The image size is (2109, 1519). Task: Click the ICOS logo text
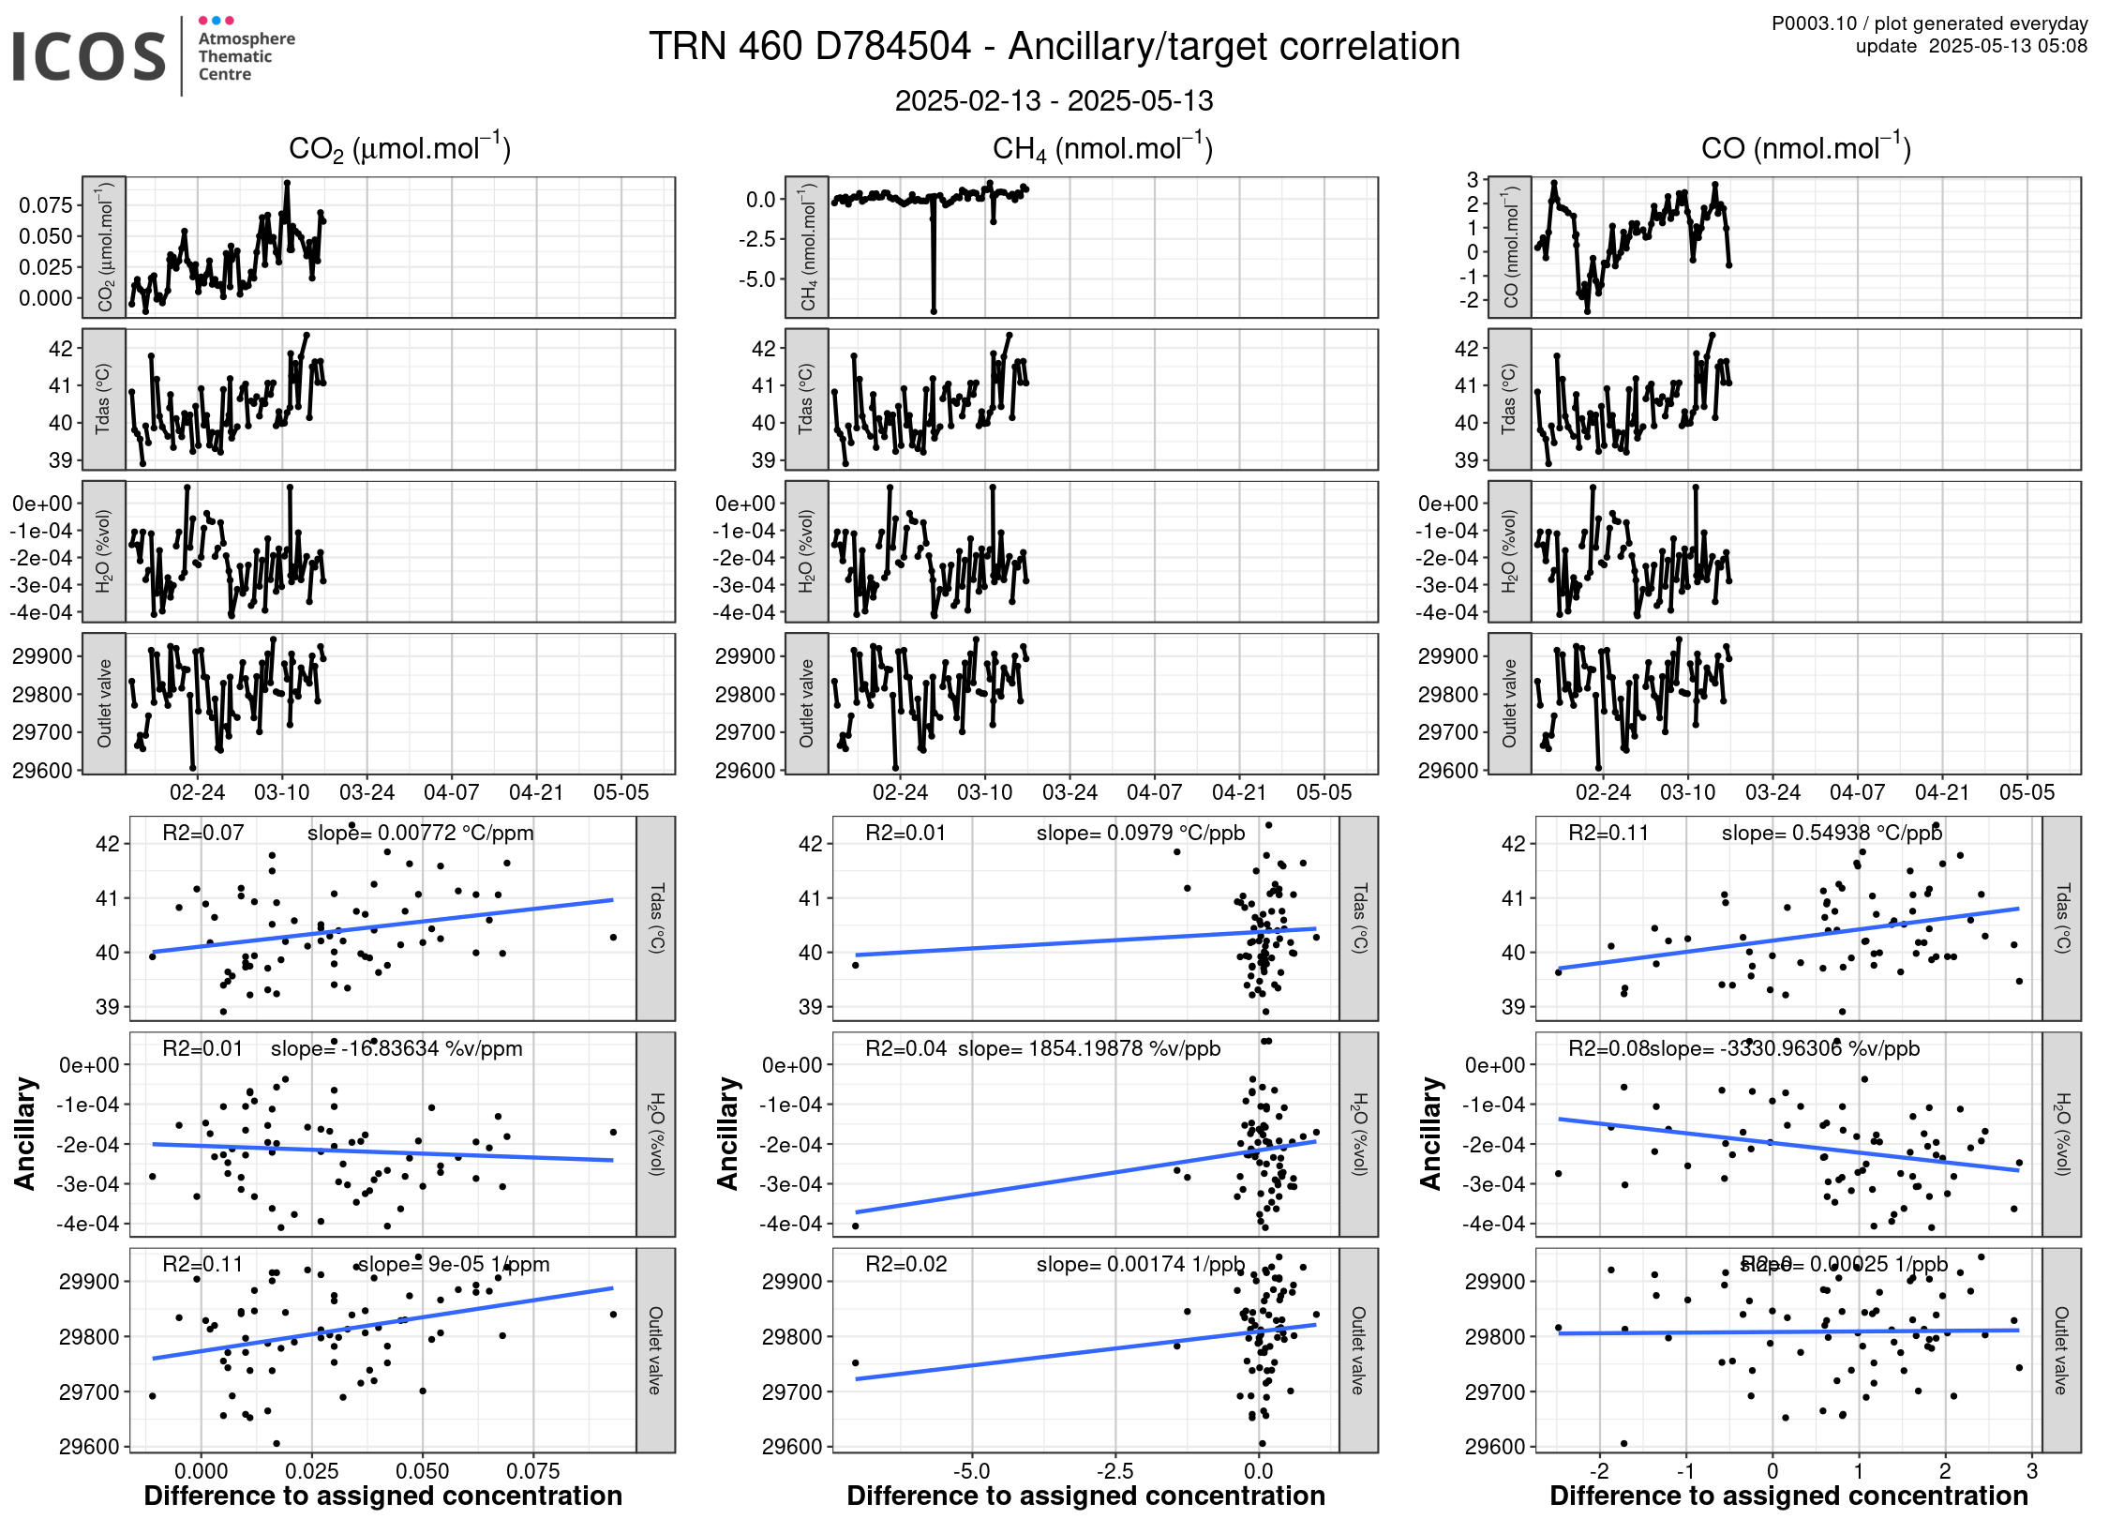[x=89, y=56]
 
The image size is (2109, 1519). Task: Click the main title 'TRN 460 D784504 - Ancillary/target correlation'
[x=1054, y=47]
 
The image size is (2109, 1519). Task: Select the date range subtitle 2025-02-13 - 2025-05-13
[x=1054, y=101]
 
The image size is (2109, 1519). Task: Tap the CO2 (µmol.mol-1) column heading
[x=399, y=149]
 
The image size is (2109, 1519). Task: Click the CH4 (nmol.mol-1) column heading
[x=1102, y=149]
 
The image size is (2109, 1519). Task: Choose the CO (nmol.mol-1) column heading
[x=1805, y=149]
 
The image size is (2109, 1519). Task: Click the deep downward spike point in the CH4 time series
[x=934, y=310]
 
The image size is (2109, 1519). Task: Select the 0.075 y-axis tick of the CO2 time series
[x=45, y=205]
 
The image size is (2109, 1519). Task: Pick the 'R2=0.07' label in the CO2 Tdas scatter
[x=202, y=833]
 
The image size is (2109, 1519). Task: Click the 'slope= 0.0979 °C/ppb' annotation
[x=1141, y=833]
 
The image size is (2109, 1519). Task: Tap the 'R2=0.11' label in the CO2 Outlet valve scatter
[x=202, y=1264]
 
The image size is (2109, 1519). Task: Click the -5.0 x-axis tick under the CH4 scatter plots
[x=971, y=1470]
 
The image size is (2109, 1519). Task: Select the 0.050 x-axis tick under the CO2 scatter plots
[x=423, y=1470]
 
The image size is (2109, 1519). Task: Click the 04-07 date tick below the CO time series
[x=1857, y=792]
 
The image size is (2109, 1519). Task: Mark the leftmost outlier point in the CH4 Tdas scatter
[x=855, y=965]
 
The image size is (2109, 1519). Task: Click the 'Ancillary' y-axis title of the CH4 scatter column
[x=728, y=1134]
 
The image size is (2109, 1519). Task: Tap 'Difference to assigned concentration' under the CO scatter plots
[x=1788, y=1496]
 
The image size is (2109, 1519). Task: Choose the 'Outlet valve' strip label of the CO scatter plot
[x=2061, y=1350]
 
